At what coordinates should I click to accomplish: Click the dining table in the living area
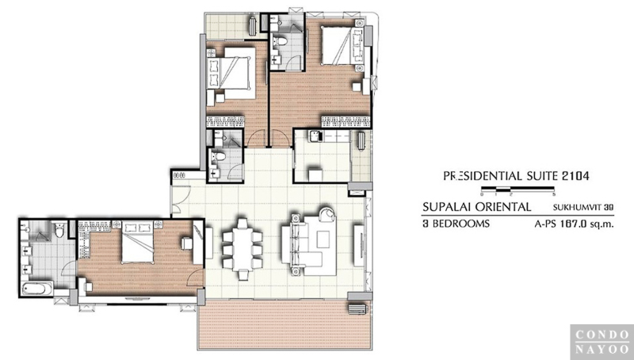[243, 249]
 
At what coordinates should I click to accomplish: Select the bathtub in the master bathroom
[37, 289]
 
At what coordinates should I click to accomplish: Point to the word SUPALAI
[447, 207]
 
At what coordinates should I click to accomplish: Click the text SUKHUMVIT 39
[583, 208]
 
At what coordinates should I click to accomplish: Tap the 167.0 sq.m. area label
[586, 224]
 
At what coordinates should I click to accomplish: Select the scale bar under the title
[518, 189]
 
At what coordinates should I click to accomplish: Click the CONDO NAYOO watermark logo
[602, 342]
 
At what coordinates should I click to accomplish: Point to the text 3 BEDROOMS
[456, 224]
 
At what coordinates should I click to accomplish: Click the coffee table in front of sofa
[323, 239]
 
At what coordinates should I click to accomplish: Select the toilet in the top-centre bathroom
[280, 41]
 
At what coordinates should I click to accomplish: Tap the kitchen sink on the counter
[315, 136]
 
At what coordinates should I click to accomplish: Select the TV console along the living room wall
[359, 246]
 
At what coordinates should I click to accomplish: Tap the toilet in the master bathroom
[59, 230]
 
